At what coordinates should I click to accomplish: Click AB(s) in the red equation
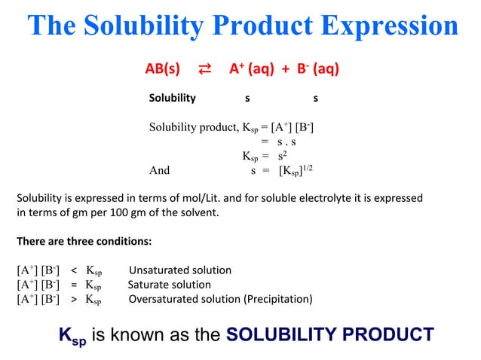162,70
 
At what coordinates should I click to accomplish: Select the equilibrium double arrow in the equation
204,70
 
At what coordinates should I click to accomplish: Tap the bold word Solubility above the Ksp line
173,98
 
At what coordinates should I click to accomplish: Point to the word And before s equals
160,170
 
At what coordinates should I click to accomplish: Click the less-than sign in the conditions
74,270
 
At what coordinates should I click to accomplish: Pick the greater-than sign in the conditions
74,299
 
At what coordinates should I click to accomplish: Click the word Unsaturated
160,270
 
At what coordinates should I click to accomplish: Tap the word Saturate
149,285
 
